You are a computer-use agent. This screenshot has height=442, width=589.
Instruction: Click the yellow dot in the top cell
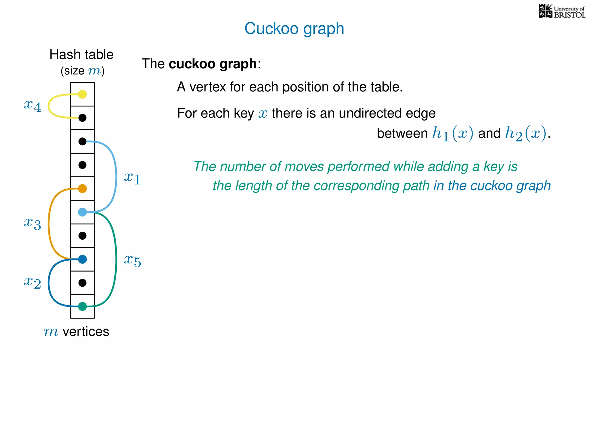coord(83,94)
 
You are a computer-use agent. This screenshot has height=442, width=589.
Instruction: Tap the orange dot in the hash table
coord(83,188)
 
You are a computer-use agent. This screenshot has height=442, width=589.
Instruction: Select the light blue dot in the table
coord(83,212)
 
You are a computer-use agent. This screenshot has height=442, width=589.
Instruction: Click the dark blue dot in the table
coord(83,259)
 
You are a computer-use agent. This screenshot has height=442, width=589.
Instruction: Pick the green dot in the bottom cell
coord(83,306)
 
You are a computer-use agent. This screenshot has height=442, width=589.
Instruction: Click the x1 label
coord(132,178)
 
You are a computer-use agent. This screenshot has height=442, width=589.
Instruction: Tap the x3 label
coord(32,223)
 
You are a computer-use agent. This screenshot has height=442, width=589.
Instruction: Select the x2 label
coord(32,282)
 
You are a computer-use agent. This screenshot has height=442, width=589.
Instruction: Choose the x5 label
coord(132,260)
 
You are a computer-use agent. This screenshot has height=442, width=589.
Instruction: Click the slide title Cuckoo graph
coord(294,28)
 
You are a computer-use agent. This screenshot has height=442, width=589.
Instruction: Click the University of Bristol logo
coord(562,12)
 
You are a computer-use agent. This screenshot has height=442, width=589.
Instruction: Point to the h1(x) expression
coord(453,134)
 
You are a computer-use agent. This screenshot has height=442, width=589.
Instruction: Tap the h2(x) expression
coord(525,134)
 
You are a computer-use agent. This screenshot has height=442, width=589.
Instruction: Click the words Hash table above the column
coord(81,54)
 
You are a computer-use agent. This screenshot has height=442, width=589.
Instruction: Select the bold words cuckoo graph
coord(213,64)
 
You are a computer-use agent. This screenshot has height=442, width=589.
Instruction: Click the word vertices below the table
coord(86,331)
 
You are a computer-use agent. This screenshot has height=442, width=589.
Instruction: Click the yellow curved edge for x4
coord(49,106)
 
